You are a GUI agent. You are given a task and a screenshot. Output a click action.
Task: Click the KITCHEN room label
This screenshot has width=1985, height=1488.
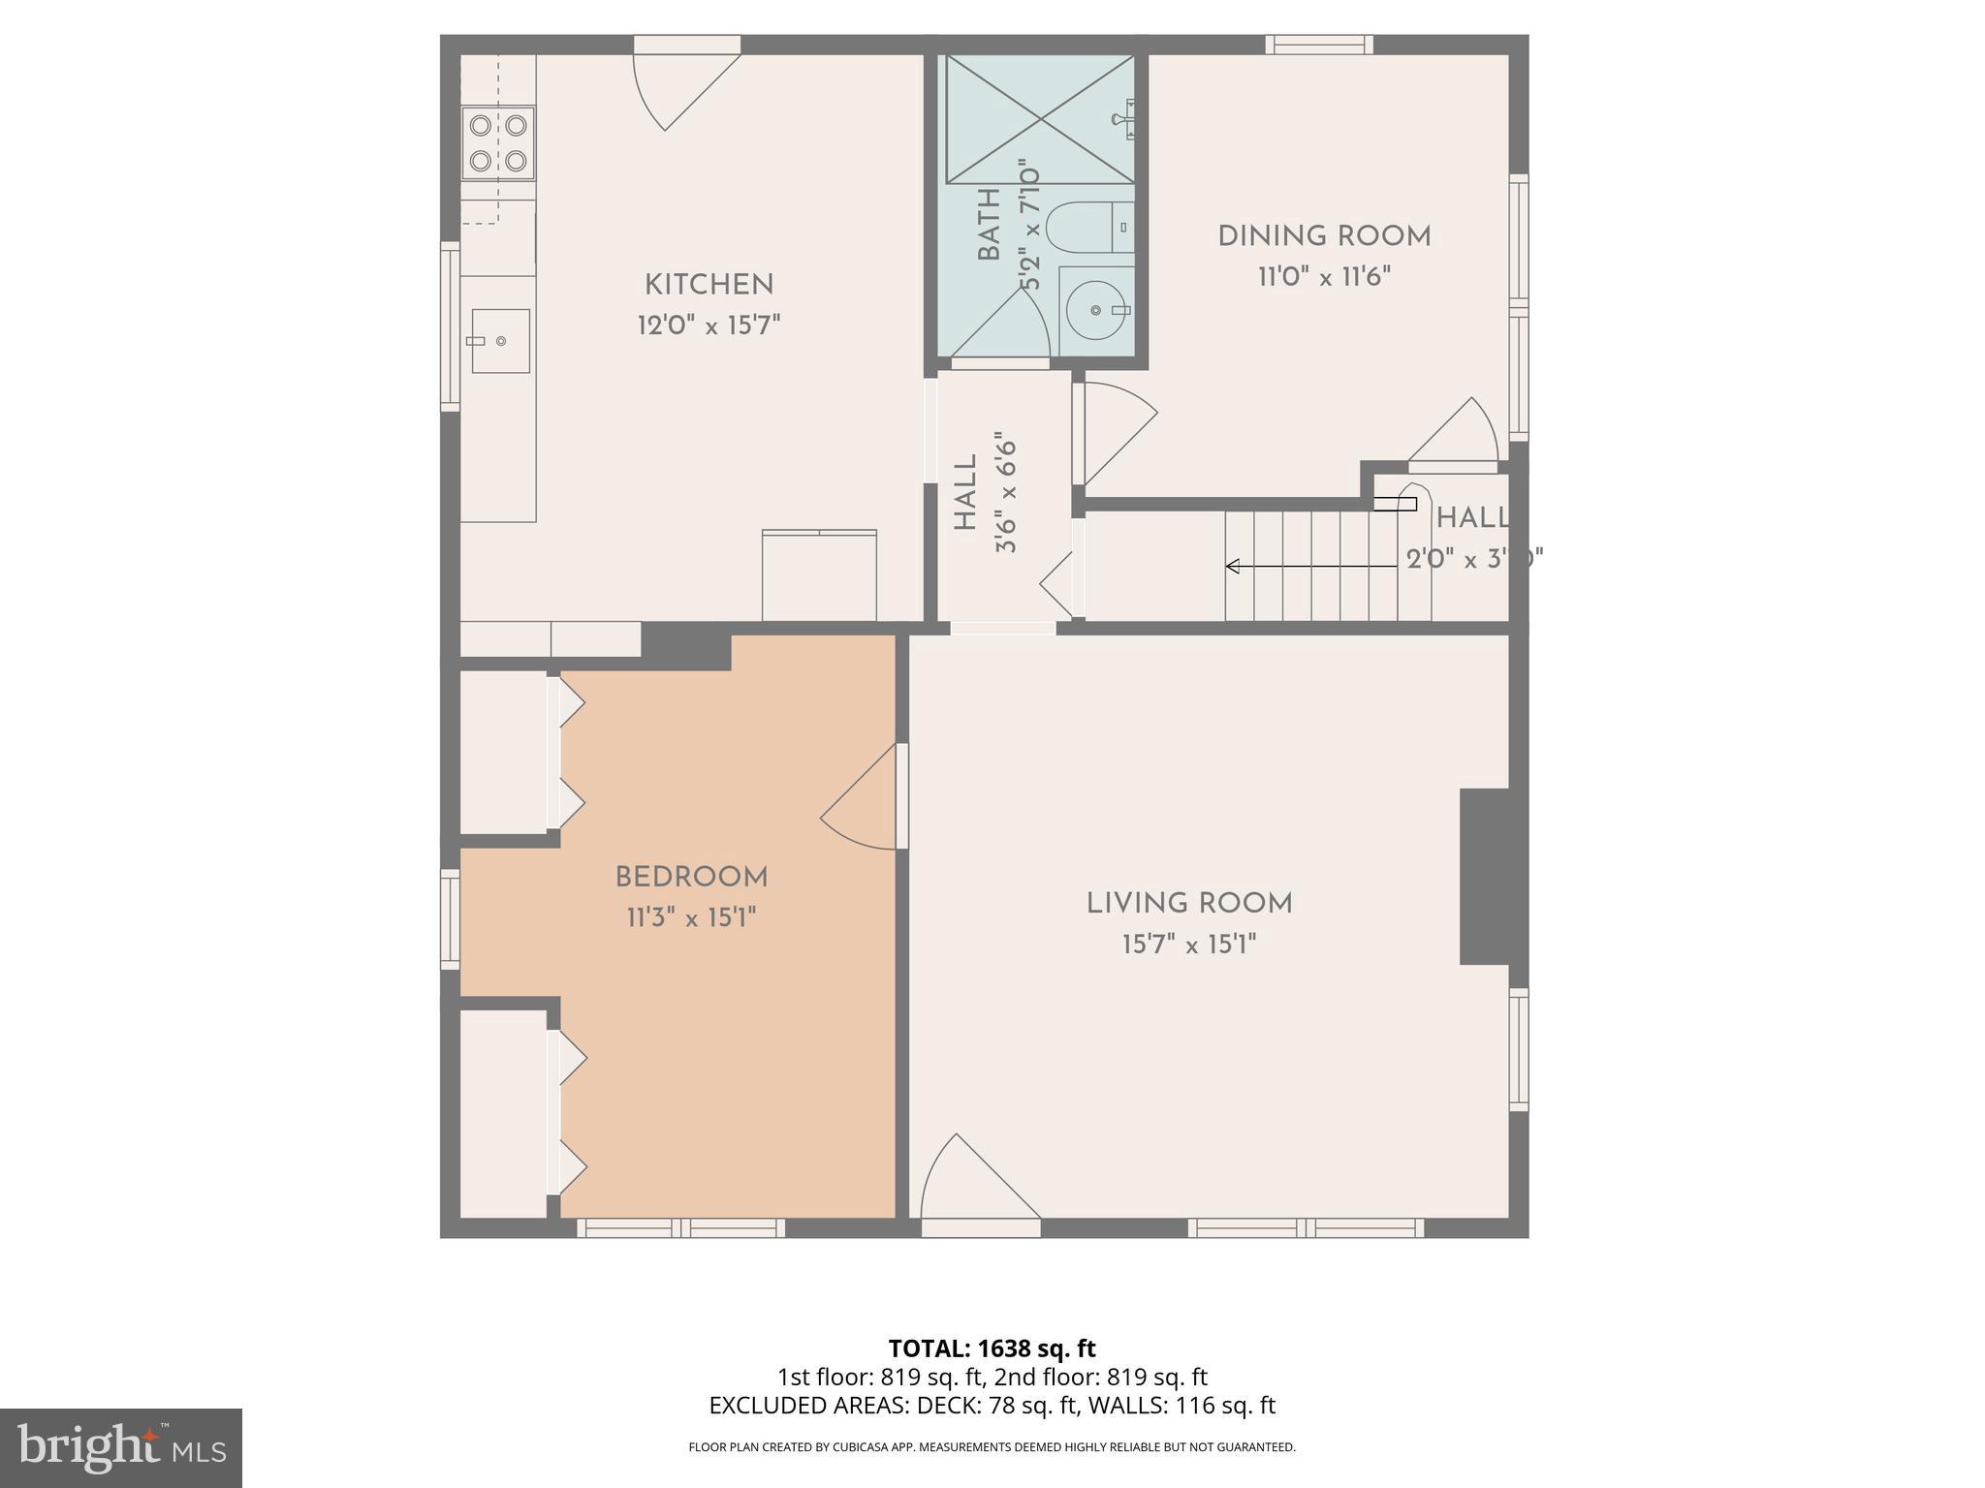[709, 285]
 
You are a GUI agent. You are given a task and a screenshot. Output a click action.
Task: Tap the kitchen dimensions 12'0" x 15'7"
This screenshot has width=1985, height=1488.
[709, 325]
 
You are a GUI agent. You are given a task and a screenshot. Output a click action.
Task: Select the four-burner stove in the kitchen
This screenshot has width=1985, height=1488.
[498, 142]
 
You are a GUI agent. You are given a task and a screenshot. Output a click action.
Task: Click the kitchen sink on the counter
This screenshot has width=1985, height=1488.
[500, 340]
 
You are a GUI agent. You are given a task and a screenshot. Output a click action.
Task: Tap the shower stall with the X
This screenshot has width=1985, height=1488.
[1039, 119]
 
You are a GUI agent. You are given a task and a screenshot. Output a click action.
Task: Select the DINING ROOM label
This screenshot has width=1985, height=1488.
[1324, 236]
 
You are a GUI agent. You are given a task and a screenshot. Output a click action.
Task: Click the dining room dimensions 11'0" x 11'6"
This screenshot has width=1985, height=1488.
[1324, 277]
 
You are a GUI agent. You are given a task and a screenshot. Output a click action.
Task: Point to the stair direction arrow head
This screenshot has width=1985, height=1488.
[1232, 566]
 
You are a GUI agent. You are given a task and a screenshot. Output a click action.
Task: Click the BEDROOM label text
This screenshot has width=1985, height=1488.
[691, 878]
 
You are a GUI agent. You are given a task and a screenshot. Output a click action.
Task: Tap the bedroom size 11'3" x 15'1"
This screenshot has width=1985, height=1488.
[691, 917]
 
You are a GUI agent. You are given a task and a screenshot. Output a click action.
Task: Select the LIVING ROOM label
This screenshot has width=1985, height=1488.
[1189, 904]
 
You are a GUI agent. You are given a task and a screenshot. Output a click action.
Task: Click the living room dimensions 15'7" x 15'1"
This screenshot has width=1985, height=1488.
[1189, 945]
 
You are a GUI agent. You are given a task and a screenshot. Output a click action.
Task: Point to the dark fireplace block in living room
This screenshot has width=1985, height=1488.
[1484, 876]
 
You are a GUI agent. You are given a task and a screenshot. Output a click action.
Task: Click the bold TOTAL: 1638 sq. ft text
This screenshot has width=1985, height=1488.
[992, 1348]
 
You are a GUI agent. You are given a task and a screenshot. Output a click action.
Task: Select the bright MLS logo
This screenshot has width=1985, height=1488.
[120, 1447]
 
